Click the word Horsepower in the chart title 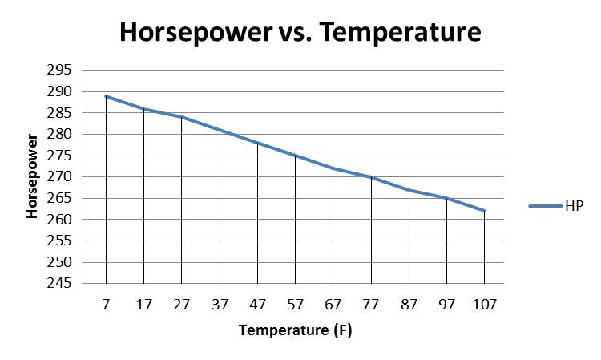pos(196,32)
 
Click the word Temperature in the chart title pos(400,32)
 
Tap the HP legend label pos(575,206)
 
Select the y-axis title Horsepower pos(32,176)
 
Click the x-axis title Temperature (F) pos(295,330)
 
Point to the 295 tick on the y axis pos(59,71)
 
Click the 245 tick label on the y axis pos(59,283)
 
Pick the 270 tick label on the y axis pos(59,176)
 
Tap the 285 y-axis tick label pos(59,113)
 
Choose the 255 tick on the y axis pos(59,241)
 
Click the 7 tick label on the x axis pos(106,305)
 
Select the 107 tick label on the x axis pos(485,305)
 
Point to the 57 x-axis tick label pos(295,305)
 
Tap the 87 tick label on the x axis pos(409,305)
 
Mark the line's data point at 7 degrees pos(106,96)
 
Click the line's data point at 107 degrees pos(485,211)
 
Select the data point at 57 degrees pos(295,156)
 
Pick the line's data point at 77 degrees pos(371,176)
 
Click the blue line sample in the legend pos(546,206)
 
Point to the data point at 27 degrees pos(182,117)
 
